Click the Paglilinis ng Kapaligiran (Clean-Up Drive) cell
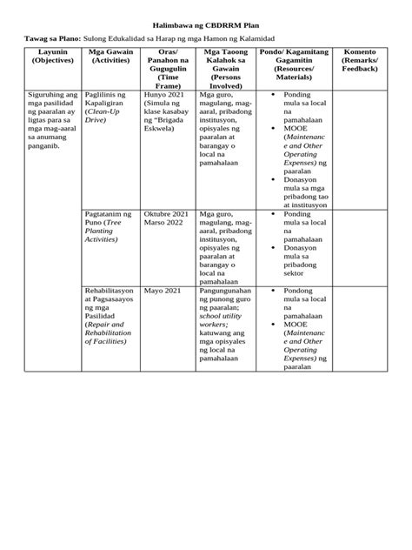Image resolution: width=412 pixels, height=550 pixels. click(x=109, y=108)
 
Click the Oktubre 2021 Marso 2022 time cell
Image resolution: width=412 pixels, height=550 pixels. click(x=165, y=218)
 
